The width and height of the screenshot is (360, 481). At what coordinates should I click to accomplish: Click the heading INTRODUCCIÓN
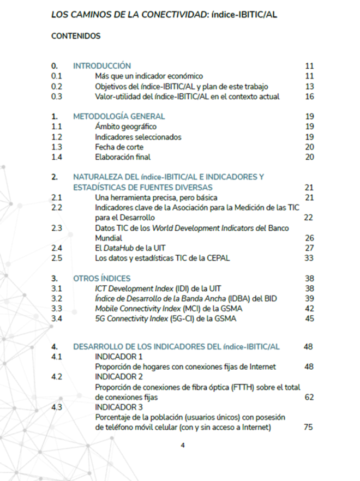(x=102, y=66)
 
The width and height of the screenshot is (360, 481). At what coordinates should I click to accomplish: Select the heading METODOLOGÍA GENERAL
(x=119, y=116)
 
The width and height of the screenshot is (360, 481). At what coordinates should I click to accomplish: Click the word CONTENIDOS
(x=76, y=36)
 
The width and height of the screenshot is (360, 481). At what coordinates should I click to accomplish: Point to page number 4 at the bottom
(x=183, y=445)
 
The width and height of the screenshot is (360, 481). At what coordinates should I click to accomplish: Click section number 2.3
(x=57, y=228)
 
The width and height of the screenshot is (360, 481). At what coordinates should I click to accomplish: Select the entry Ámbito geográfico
(x=118, y=127)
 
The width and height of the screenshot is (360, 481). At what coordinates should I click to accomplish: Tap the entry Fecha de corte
(x=119, y=147)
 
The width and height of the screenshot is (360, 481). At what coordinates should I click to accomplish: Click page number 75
(x=309, y=428)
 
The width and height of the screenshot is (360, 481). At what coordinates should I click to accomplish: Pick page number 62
(x=309, y=397)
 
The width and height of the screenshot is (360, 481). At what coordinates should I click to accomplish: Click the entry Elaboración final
(x=123, y=157)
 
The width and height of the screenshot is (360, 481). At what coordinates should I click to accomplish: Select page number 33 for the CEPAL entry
(x=309, y=258)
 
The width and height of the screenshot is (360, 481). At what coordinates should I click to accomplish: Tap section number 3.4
(x=57, y=318)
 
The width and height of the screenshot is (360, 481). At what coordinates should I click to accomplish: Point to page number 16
(x=309, y=97)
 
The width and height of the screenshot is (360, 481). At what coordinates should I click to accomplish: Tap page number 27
(x=309, y=248)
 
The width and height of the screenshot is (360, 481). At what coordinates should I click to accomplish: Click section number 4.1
(x=57, y=357)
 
